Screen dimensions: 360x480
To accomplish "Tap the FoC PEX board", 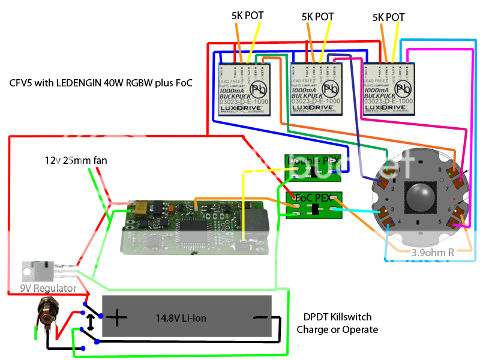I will (x=312, y=205).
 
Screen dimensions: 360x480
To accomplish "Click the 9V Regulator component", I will (x=34, y=271).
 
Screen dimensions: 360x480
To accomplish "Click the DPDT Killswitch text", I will (x=337, y=318).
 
